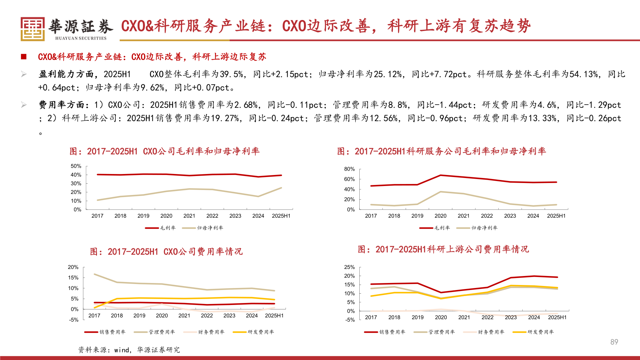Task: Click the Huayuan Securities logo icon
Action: point(32,29)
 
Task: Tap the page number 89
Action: point(614,342)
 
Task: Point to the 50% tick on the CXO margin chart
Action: point(76,166)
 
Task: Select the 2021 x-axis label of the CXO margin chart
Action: point(189,216)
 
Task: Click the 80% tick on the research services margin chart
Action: point(349,169)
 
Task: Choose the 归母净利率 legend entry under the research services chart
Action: point(477,228)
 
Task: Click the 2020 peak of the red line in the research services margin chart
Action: point(440,175)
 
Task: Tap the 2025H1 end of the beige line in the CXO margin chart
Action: point(281,188)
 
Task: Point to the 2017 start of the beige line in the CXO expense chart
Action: point(95,274)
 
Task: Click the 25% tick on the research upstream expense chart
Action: point(349,267)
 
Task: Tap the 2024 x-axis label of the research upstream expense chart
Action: point(534,317)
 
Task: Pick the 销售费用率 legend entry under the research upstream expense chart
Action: point(385,332)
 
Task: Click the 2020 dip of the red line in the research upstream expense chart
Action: point(441,292)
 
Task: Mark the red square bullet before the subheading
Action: point(24,57)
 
